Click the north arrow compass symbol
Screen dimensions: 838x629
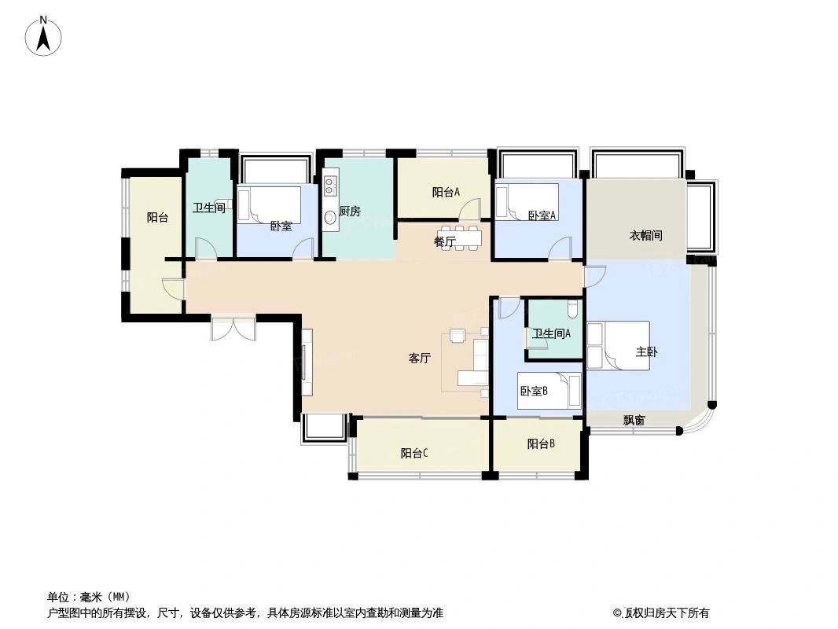(x=44, y=36)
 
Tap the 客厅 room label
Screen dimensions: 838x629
(x=420, y=358)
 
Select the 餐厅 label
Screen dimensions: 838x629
(x=445, y=242)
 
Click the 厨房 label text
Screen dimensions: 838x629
(x=350, y=211)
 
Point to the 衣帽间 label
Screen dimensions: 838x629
(x=645, y=235)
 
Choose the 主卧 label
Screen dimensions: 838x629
(x=647, y=351)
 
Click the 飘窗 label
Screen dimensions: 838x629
(x=634, y=420)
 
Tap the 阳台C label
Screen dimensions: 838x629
(x=414, y=453)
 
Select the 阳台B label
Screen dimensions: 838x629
(x=541, y=443)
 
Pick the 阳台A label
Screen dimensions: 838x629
(x=447, y=193)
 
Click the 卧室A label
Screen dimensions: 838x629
(x=543, y=215)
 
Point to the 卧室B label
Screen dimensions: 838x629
(x=535, y=392)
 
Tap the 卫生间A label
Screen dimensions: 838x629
(x=552, y=333)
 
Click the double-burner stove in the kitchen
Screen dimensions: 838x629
(x=330, y=184)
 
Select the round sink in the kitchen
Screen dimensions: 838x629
(x=330, y=217)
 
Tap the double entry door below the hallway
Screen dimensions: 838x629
(x=233, y=329)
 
